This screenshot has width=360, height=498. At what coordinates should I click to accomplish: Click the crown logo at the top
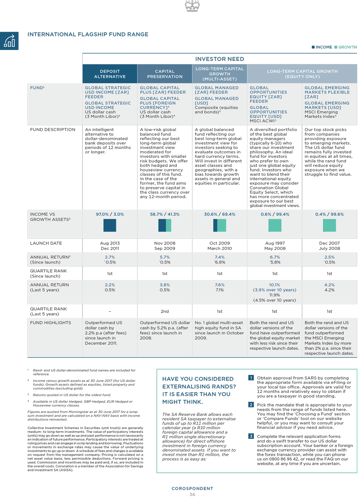pyautogui.click(x=192, y=6)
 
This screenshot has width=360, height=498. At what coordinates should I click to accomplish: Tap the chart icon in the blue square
pyautogui.click(x=9, y=41)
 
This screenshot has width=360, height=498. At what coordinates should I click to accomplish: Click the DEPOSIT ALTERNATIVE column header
pyautogui.click(x=110, y=74)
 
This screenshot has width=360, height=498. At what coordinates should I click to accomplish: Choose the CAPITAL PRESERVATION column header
pyautogui.click(x=165, y=74)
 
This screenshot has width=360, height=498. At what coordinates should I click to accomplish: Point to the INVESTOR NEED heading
pyautogui.click(x=220, y=59)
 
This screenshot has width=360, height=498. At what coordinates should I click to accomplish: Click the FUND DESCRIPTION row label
pyautogui.click(x=53, y=130)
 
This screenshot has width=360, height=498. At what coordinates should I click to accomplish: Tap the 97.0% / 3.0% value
pyautogui.click(x=110, y=214)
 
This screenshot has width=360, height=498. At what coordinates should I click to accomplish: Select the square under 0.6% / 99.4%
pyautogui.click(x=275, y=225)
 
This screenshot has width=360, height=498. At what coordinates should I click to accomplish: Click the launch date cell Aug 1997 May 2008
pyautogui.click(x=275, y=246)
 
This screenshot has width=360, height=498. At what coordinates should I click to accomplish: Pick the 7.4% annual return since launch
pyautogui.click(x=220, y=257)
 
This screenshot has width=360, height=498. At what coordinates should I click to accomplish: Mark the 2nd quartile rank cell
pyautogui.click(x=165, y=311)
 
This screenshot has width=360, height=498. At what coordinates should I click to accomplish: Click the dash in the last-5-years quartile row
pyautogui.click(x=110, y=311)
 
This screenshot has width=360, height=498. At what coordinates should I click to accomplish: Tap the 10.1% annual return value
pyautogui.click(x=274, y=285)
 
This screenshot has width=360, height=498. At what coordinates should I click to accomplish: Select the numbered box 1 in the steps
pyautogui.click(x=251, y=378)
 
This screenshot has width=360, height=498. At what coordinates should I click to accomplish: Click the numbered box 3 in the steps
pyautogui.click(x=251, y=436)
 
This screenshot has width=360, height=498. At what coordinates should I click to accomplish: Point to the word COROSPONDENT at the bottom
pyautogui.click(x=192, y=489)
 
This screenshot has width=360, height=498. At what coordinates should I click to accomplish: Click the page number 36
pyautogui.click(x=192, y=495)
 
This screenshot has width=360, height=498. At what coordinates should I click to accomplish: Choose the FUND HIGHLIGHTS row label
pyautogui.click(x=50, y=323)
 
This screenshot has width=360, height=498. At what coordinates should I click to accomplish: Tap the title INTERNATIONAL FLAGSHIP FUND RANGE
pyautogui.click(x=88, y=35)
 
